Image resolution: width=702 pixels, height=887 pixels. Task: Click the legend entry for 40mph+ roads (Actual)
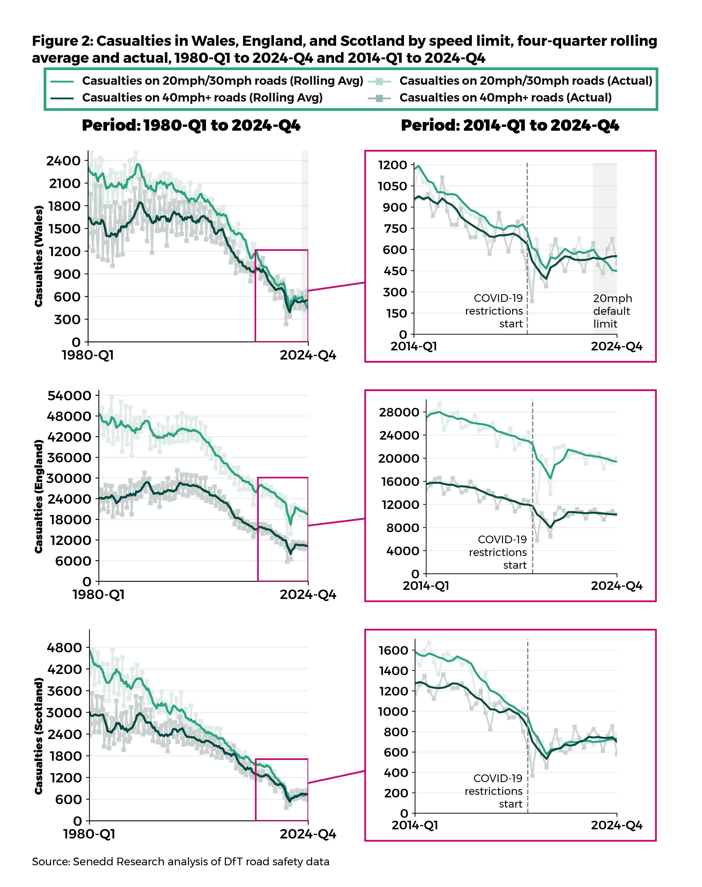click(x=505, y=98)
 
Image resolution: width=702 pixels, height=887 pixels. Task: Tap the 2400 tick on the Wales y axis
click(x=63, y=161)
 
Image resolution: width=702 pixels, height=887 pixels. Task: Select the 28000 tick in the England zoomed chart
click(x=399, y=413)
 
